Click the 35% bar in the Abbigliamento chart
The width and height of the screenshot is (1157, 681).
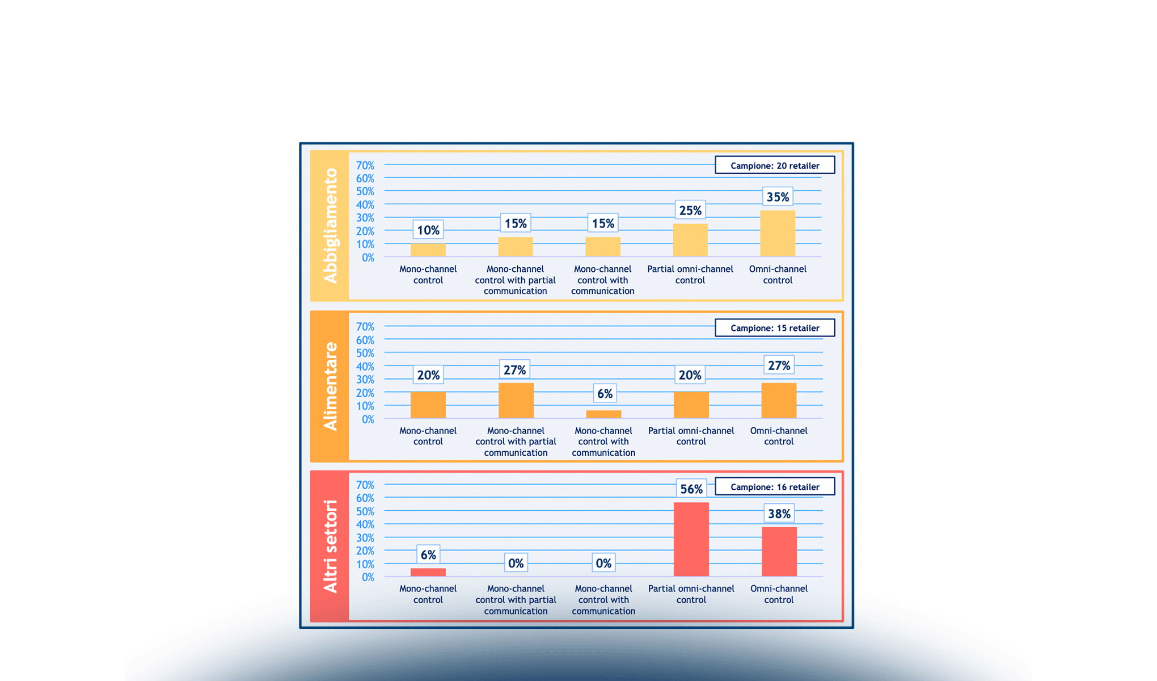pyautogui.click(x=778, y=233)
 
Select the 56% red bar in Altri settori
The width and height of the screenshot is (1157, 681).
pyautogui.click(x=691, y=539)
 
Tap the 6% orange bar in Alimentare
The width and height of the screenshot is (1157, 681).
pyautogui.click(x=603, y=414)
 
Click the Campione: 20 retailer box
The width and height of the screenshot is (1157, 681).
pyautogui.click(x=775, y=165)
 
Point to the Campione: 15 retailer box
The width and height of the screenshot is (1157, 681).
pyautogui.click(x=775, y=328)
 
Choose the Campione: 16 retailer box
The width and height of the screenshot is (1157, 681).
pyautogui.click(x=775, y=487)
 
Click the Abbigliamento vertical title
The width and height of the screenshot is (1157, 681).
pyautogui.click(x=330, y=225)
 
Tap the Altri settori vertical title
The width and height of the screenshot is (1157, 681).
pyautogui.click(x=330, y=546)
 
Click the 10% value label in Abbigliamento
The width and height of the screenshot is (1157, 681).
pyautogui.click(x=428, y=230)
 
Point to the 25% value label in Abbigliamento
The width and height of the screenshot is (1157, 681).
pyautogui.click(x=690, y=210)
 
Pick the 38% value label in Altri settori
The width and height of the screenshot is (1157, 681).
pyautogui.click(x=779, y=514)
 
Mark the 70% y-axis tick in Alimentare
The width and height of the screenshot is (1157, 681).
pyautogui.click(x=365, y=327)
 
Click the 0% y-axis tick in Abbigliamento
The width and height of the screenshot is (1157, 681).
pyautogui.click(x=368, y=258)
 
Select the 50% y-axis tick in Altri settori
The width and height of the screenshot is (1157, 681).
pyautogui.click(x=365, y=511)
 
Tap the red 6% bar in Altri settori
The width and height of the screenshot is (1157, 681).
pyautogui.click(x=428, y=572)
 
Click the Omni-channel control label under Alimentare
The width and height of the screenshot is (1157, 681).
pyautogui.click(x=779, y=436)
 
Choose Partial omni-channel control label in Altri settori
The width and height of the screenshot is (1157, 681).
pyautogui.click(x=691, y=594)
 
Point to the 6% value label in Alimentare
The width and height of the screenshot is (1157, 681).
pyautogui.click(x=605, y=393)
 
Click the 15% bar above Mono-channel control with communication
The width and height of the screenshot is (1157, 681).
pyautogui.click(x=603, y=247)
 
